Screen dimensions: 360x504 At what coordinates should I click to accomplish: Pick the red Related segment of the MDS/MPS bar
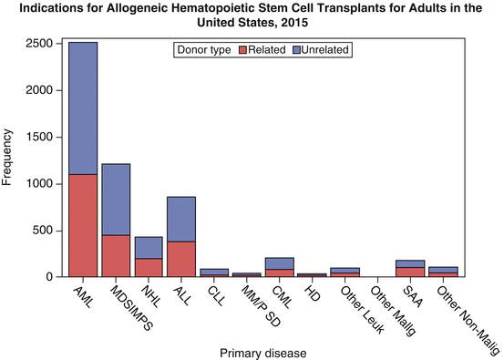(x=116, y=256)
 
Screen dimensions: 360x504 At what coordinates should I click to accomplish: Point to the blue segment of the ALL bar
(x=180, y=219)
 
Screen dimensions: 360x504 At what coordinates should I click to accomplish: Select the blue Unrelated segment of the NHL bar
(x=149, y=247)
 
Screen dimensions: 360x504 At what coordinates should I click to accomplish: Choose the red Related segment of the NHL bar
(x=149, y=267)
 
